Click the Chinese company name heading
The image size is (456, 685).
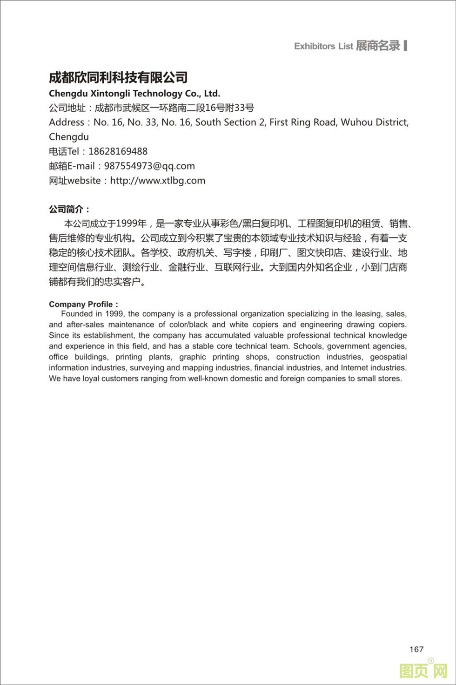[118, 77]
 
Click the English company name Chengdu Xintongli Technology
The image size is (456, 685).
[134, 94]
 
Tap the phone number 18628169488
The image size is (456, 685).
[118, 151]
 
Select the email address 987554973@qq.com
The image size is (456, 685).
[149, 166]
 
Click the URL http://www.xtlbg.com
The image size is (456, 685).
[157, 181]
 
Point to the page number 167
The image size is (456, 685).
[416, 649]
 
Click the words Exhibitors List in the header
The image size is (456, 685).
[323, 46]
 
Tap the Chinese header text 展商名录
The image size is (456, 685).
[378, 46]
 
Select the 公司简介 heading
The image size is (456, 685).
[69, 210]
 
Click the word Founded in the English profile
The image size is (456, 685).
[77, 314]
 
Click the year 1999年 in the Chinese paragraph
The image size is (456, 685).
[131, 224]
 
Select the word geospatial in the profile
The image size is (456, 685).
[388, 357]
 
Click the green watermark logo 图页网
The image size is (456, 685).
[423, 671]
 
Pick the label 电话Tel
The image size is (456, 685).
[64, 151]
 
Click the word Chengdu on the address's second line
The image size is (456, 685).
[69, 137]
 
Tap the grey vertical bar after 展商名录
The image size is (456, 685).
[406, 45]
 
